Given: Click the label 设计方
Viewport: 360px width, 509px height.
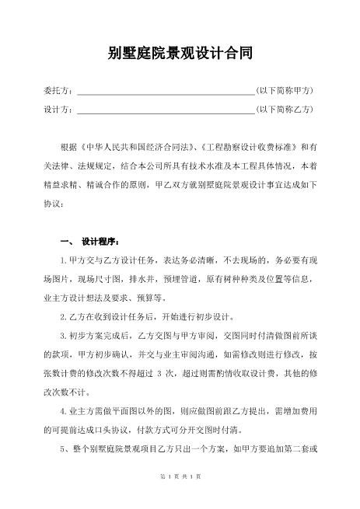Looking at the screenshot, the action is (x=58, y=110).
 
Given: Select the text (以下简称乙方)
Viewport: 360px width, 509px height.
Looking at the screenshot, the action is (x=285, y=110).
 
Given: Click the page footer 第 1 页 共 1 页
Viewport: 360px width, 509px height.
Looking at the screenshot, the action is (x=180, y=475).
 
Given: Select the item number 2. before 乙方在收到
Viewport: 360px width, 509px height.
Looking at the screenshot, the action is (x=63, y=318).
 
